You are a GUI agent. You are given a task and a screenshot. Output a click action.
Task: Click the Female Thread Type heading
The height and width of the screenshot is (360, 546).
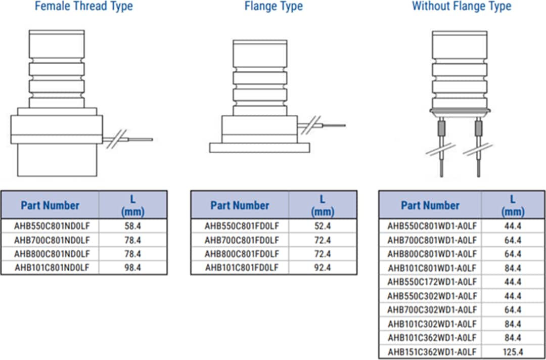click(84, 7)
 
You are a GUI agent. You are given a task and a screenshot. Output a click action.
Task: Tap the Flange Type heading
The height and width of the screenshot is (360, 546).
click(274, 7)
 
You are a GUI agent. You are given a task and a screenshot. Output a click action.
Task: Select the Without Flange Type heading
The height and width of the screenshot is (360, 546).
click(461, 7)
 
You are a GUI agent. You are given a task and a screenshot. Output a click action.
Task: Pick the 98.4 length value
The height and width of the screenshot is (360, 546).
click(132, 267)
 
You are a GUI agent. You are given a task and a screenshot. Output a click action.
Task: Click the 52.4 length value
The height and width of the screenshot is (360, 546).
click(322, 226)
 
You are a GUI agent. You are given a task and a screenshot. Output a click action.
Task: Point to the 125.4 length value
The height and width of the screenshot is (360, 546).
click(513, 351)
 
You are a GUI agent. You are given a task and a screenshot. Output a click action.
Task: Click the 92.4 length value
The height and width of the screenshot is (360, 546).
click(322, 267)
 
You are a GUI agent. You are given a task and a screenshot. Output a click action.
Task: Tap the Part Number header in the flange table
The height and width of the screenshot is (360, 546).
click(240, 205)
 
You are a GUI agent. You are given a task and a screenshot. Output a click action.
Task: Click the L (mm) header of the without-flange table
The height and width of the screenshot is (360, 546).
click(513, 205)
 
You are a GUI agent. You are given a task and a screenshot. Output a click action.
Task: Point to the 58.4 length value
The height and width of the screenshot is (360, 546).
click(132, 226)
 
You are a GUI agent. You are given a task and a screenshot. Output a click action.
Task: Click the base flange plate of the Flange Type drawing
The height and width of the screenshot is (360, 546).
click(259, 147)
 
